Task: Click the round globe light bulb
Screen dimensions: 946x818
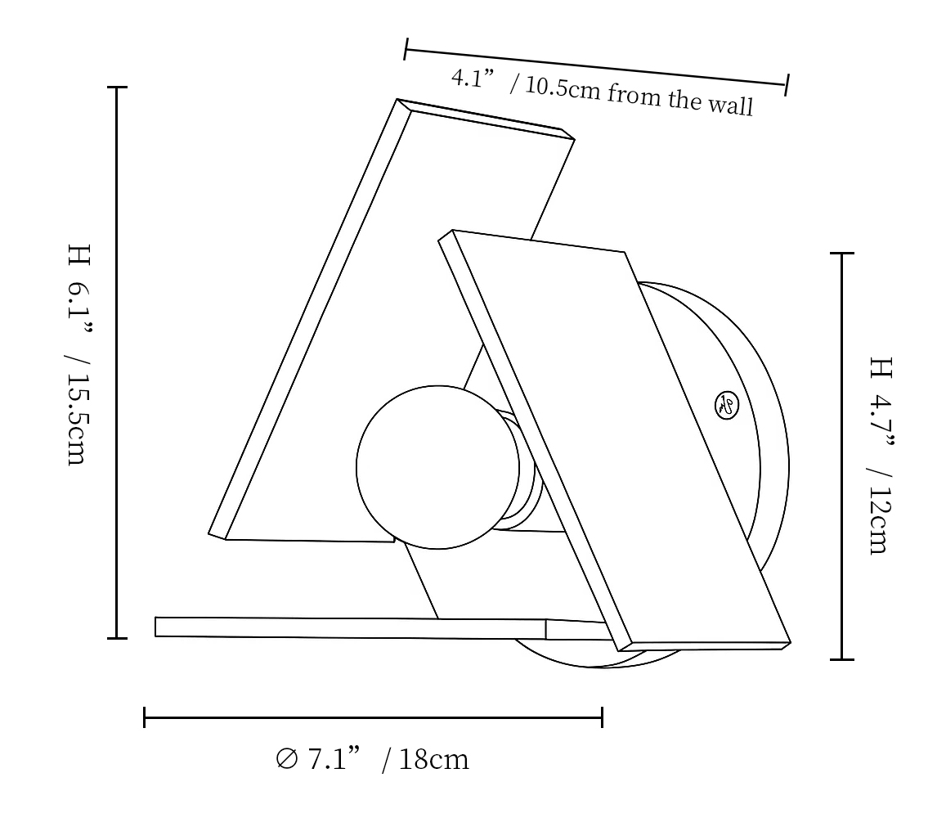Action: click(x=437, y=467)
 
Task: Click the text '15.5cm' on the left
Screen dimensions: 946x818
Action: click(x=78, y=420)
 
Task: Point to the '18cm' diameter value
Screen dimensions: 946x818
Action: click(x=434, y=759)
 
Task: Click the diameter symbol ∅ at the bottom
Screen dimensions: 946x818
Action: click(x=286, y=759)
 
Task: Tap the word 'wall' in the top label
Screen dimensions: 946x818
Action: click(x=731, y=105)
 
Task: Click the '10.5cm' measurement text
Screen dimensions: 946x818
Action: click(x=563, y=88)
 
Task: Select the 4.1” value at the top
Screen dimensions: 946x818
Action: click(x=473, y=78)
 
